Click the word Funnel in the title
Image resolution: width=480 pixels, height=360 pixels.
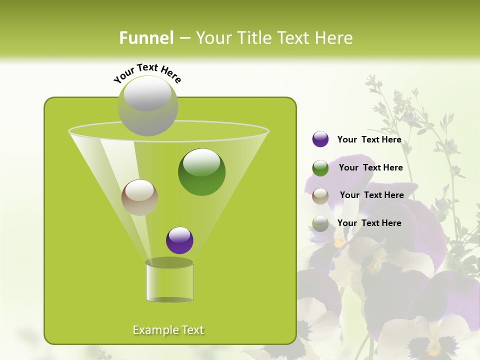(146, 38)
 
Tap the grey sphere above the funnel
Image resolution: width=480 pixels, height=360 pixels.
(148, 105)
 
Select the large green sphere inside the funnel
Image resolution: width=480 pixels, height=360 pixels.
(202, 172)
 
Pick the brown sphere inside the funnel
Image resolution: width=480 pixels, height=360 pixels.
(139, 197)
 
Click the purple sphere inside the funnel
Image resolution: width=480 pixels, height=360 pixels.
(179, 240)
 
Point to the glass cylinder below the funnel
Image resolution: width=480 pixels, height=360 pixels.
(169, 283)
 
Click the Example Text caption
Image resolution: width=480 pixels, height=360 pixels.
(168, 330)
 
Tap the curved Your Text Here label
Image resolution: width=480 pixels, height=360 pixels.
(147, 72)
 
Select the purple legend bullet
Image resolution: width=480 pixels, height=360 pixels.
(320, 139)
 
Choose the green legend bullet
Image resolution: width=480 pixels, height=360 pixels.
(320, 168)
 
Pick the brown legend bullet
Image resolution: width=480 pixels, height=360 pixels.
(320, 196)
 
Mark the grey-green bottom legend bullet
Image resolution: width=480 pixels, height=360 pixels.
(320, 223)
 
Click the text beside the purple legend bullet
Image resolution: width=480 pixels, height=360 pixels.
(369, 139)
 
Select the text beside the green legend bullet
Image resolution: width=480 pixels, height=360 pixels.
(370, 167)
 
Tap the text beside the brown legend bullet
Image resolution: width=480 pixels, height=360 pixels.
(371, 195)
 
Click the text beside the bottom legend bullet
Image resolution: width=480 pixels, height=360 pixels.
(369, 223)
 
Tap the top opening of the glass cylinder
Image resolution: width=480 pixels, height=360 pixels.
(169, 262)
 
